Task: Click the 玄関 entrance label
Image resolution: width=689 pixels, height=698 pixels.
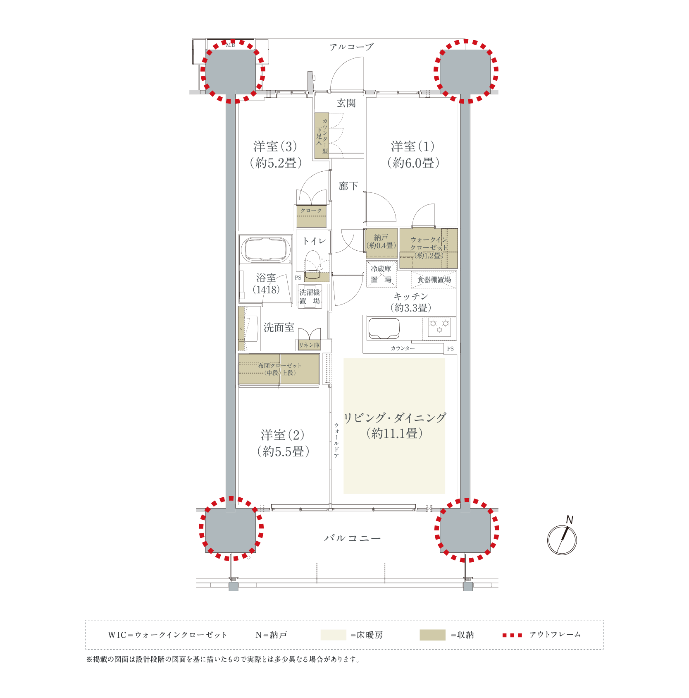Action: point(346,103)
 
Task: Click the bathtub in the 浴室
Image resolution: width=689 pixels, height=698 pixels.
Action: point(266,249)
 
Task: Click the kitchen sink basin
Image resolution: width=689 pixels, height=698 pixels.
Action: point(384,328)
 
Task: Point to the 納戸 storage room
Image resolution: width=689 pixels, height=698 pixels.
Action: point(381,243)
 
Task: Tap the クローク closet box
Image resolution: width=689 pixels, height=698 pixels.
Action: point(311,216)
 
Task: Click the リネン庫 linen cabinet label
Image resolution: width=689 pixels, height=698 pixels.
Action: point(309,345)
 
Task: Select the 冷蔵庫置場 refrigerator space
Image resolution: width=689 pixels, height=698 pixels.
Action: point(381,274)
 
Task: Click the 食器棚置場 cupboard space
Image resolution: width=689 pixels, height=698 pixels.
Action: point(434,280)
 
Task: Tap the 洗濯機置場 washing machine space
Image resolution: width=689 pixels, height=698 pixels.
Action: point(310,296)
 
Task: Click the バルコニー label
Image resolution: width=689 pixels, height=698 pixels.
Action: point(352,538)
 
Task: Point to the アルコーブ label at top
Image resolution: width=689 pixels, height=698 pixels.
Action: point(351,47)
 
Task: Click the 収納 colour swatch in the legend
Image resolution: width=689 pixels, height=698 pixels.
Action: point(432,635)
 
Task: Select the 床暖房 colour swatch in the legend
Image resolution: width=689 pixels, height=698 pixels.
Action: point(333,635)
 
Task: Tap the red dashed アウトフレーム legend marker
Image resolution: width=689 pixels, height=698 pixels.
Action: point(512,635)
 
